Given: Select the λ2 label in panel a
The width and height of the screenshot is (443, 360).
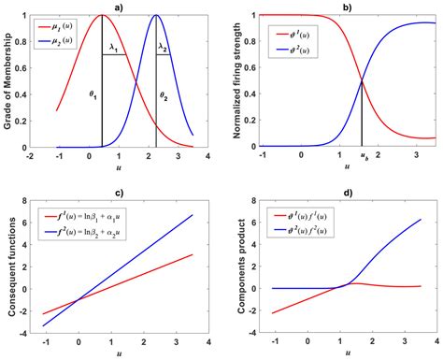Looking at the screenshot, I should [x=162, y=46].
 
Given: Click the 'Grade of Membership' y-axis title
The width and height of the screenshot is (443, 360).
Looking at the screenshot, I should [x=9, y=79].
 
